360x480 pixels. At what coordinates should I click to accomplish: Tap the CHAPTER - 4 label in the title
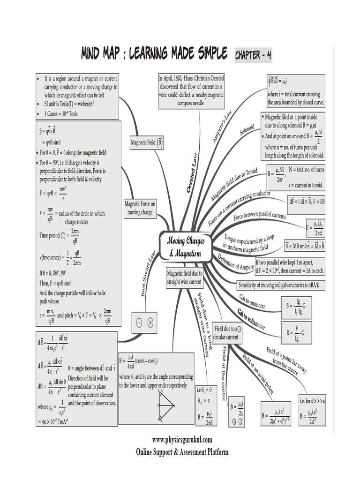[253, 55]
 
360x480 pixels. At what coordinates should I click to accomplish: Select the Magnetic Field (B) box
[147, 142]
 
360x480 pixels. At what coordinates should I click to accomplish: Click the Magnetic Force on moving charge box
[140, 208]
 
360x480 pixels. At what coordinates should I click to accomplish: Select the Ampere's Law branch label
[223, 127]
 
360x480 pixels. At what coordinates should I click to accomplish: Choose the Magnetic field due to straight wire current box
[184, 278]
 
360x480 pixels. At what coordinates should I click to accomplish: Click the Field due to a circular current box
[227, 333]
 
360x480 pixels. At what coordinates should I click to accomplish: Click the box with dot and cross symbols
[144, 322]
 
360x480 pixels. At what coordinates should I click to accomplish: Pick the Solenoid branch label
[247, 130]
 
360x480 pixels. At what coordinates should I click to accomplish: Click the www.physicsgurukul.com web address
[182, 440]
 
